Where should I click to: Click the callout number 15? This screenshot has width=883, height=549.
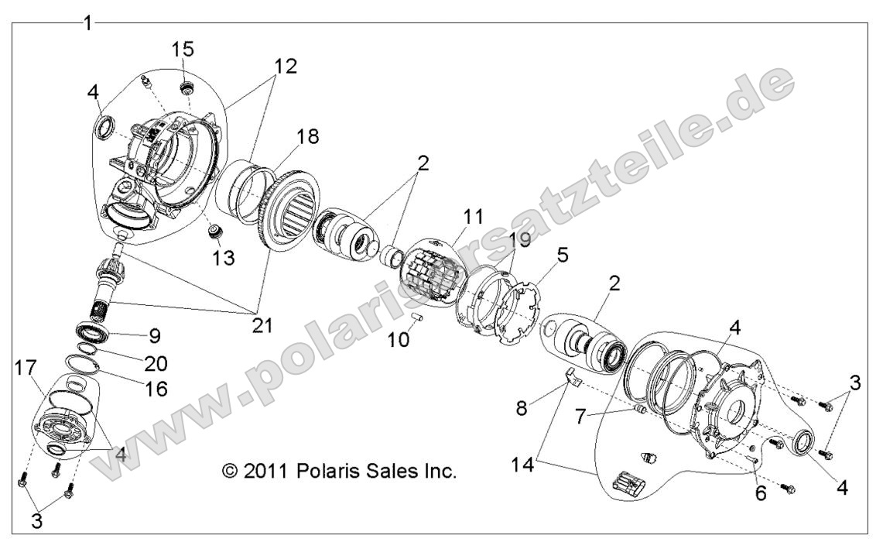pyautogui.click(x=182, y=50)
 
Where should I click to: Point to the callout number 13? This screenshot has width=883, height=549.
pyautogui.click(x=225, y=257)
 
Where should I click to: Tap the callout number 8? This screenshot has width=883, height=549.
pyautogui.click(x=523, y=407)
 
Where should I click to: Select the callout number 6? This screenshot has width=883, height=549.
pyautogui.click(x=761, y=492)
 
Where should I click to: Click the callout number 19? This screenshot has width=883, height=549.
pyautogui.click(x=519, y=242)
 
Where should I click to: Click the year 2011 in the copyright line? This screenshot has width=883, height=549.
pyautogui.click(x=264, y=470)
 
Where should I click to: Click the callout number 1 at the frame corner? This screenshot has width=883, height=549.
pyautogui.click(x=87, y=23)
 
